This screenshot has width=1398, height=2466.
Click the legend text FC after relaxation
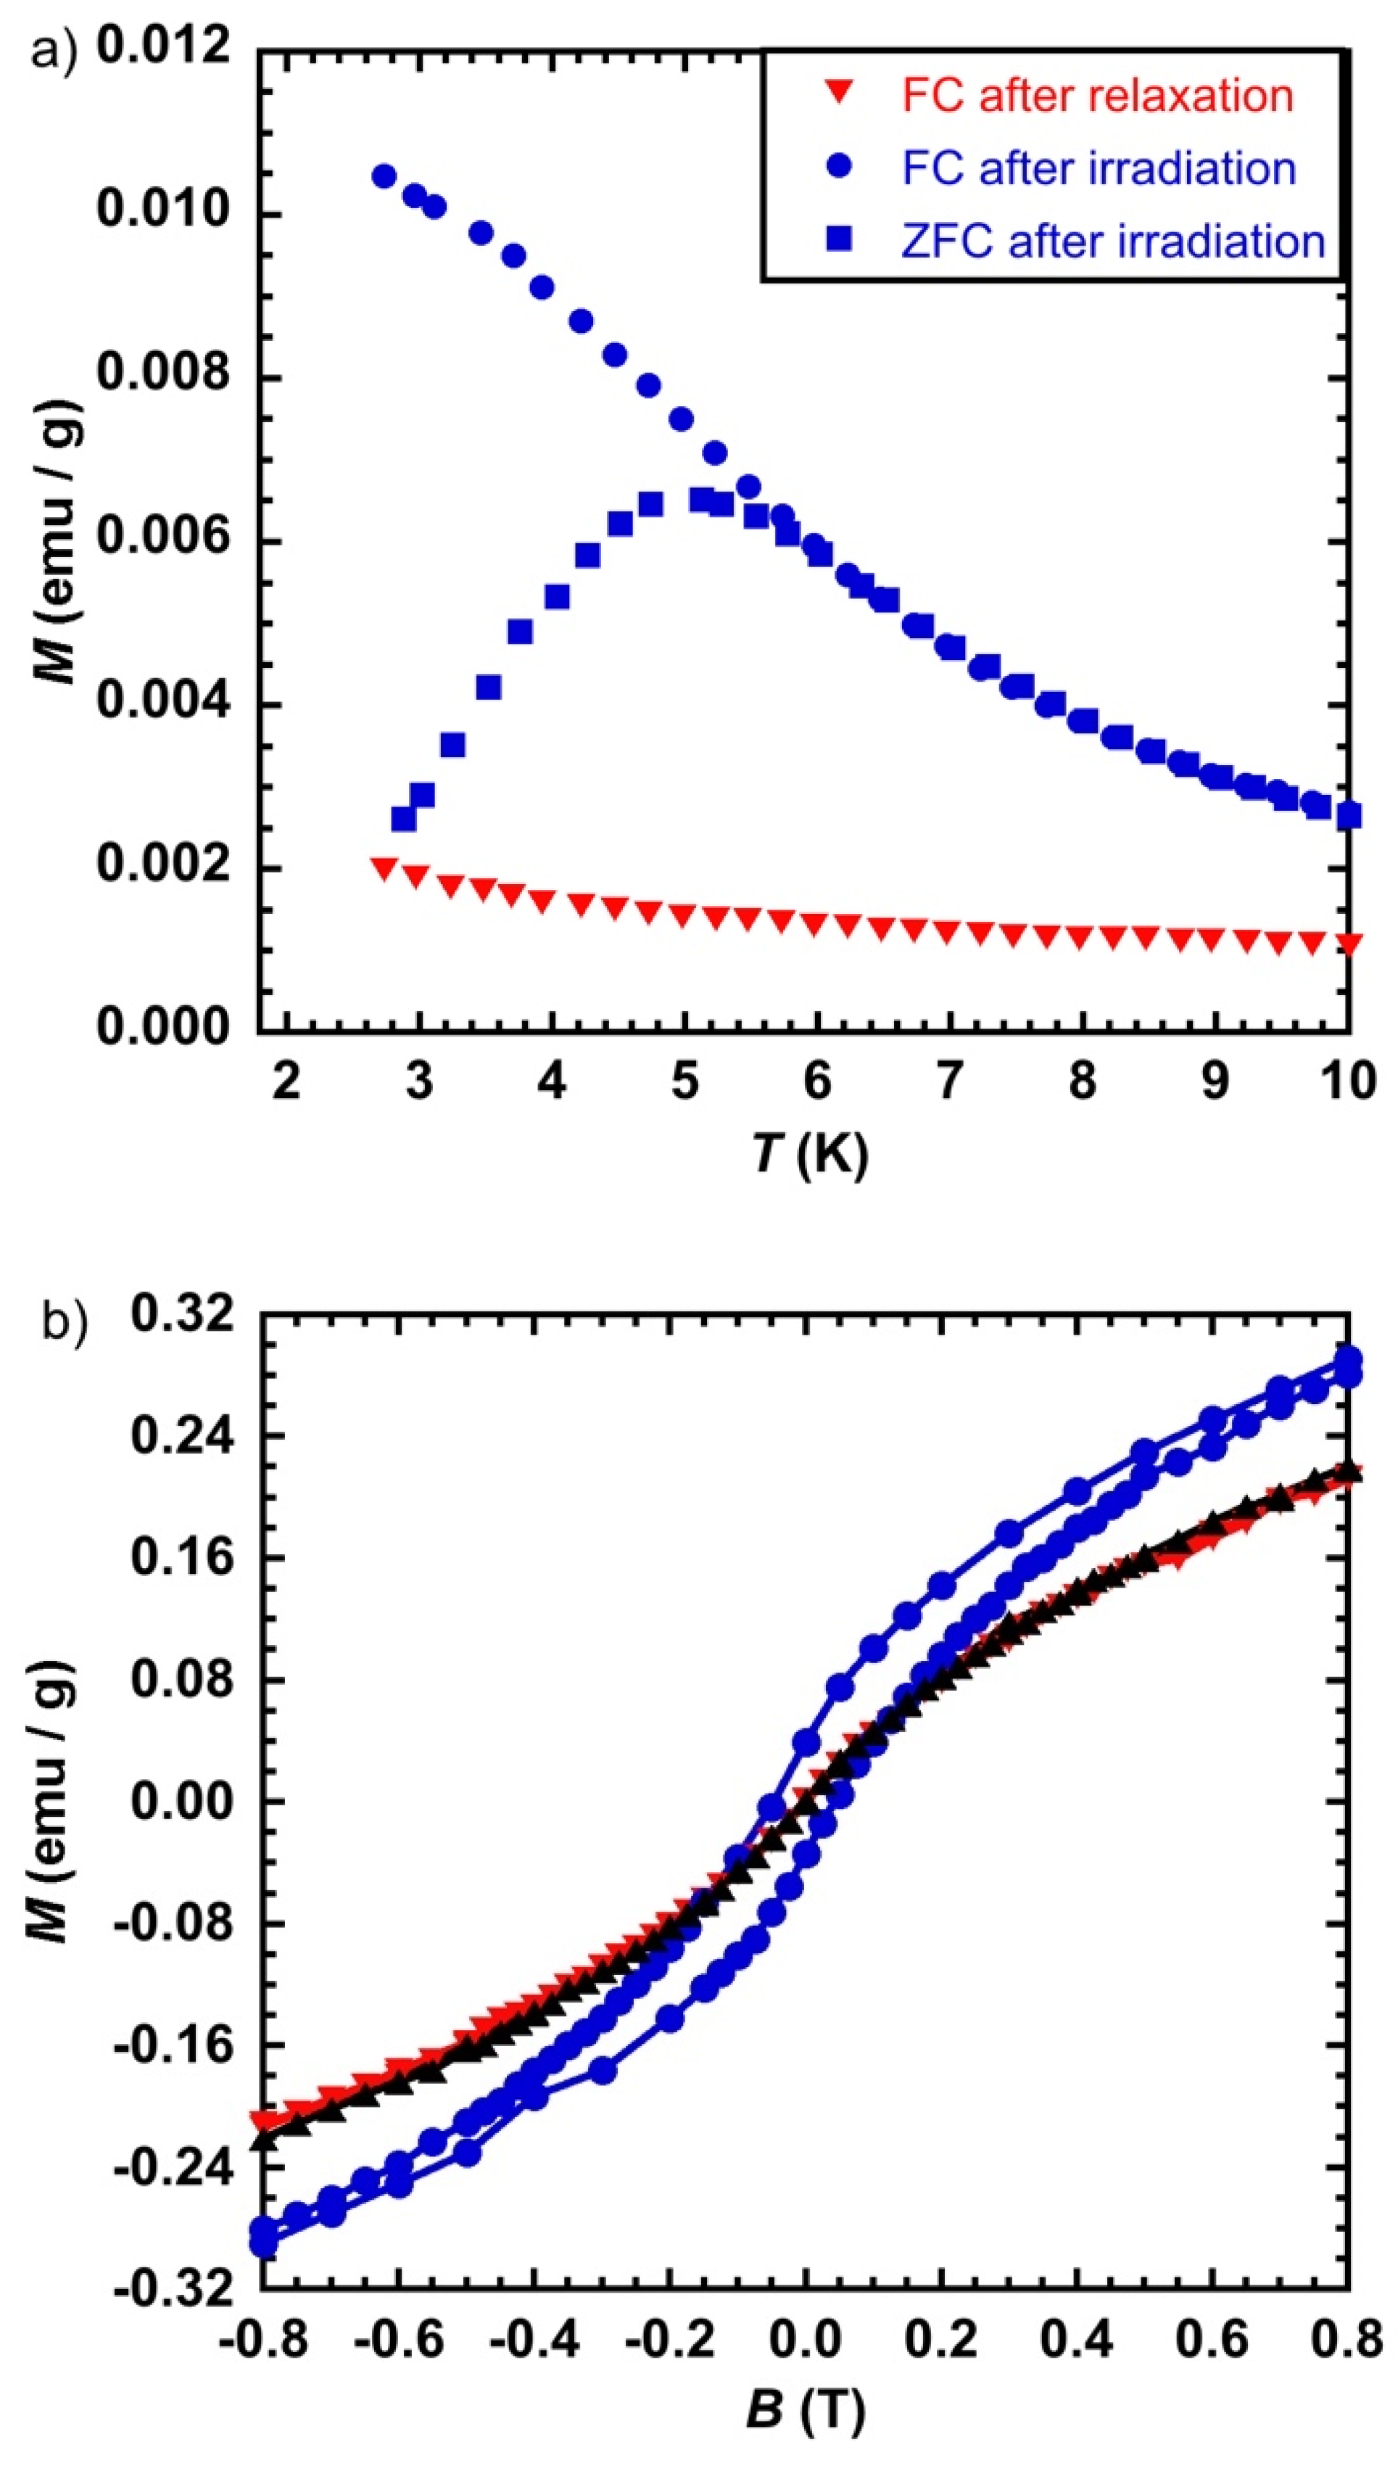coord(1098,96)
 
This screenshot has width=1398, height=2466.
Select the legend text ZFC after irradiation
coord(1113,240)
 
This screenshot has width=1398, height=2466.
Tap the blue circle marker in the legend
coord(839,166)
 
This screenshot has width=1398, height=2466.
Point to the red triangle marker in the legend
coord(839,94)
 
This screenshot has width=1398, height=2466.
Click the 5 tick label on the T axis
coord(684,1082)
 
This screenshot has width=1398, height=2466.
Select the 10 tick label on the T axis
coord(1348,1082)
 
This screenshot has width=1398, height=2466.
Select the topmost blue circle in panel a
coord(384,176)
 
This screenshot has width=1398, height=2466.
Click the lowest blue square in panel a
coord(403,819)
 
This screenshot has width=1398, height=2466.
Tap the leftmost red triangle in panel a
coord(384,869)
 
